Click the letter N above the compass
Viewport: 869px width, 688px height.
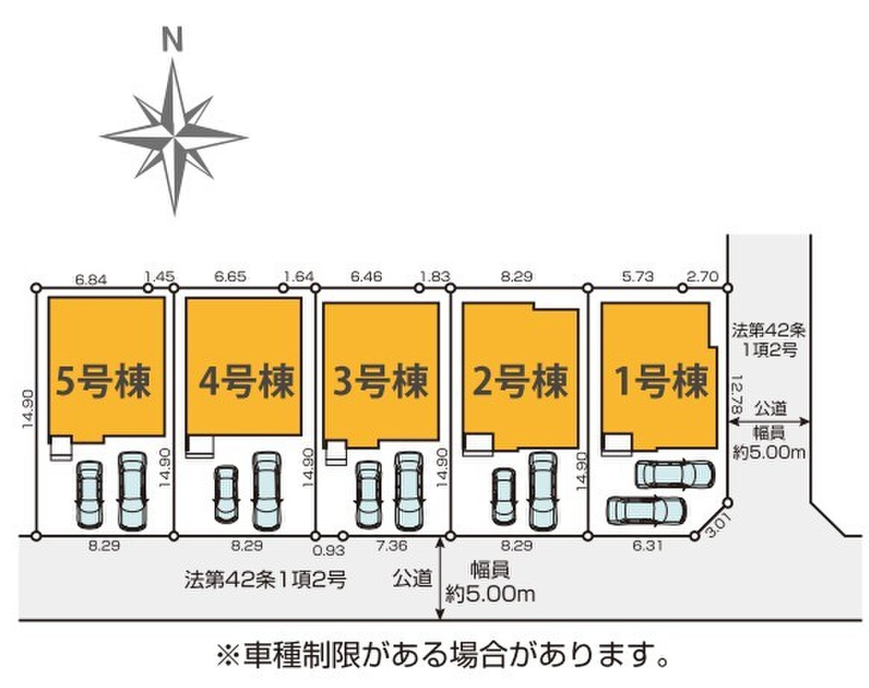tap(173, 40)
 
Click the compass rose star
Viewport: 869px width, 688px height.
tap(174, 136)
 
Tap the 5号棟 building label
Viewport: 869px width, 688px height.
tap(103, 382)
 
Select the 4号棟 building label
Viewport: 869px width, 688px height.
tap(246, 382)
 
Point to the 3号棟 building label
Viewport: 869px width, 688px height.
tap(381, 382)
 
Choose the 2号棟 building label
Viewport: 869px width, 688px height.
tap(520, 382)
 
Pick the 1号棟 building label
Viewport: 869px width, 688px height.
tap(663, 382)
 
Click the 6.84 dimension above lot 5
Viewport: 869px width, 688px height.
tap(91, 279)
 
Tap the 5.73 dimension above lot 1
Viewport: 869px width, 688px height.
tap(638, 276)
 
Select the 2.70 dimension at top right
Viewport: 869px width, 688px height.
tap(703, 276)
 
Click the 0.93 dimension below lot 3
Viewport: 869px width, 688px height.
tap(329, 550)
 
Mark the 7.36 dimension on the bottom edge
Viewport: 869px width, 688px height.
tap(391, 546)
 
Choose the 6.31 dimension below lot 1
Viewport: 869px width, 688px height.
tap(647, 546)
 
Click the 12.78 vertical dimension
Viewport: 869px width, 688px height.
tap(736, 394)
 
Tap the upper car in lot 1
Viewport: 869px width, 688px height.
tap(675, 474)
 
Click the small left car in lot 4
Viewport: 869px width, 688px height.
tap(226, 494)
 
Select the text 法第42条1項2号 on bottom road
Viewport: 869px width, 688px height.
tap(266, 580)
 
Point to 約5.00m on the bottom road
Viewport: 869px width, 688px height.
tap(490, 594)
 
